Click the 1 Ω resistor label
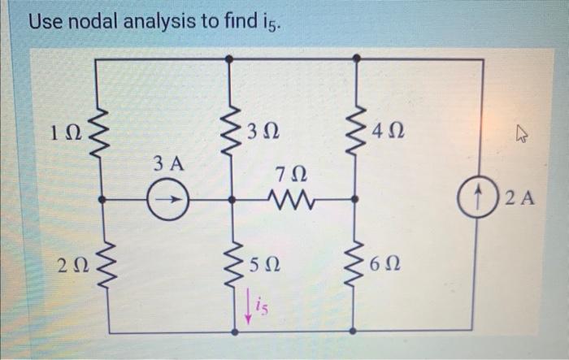coord(65,131)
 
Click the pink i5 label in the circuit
coord(253,306)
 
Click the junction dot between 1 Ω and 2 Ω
coord(99,197)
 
